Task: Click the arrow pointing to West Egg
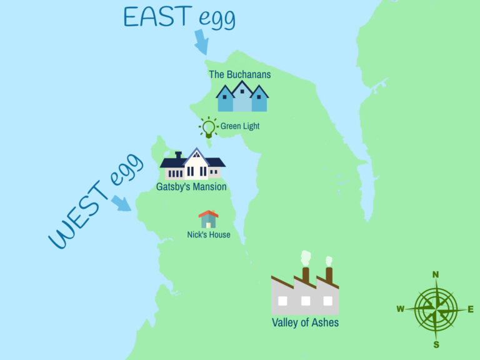pyautogui.click(x=121, y=204)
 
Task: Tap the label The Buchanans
pyautogui.click(x=240, y=74)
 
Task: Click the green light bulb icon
pyautogui.click(x=208, y=127)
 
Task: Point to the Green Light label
pyautogui.click(x=240, y=126)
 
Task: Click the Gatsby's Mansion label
pyautogui.click(x=191, y=187)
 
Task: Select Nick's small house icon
pyautogui.click(x=208, y=219)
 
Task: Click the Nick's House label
pyautogui.click(x=209, y=235)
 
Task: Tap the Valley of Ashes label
pyautogui.click(x=305, y=323)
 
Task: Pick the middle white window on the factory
pyautogui.click(x=305, y=301)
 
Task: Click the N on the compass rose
pyautogui.click(x=436, y=274)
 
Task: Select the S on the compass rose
pyautogui.click(x=436, y=344)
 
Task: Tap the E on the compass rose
pyautogui.click(x=471, y=309)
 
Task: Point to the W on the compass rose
pyautogui.click(x=401, y=309)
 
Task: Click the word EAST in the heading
pyautogui.click(x=158, y=17)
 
